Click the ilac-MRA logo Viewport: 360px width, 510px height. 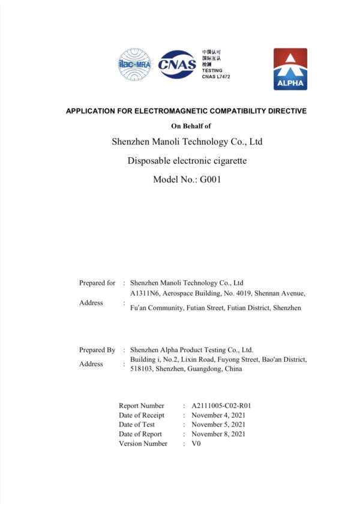(x=134, y=65)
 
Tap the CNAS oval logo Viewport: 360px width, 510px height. (x=177, y=65)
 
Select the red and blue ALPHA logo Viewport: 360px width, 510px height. (x=290, y=69)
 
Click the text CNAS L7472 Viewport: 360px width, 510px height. (x=217, y=77)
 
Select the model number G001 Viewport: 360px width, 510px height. (x=209, y=179)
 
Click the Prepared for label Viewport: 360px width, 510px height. (x=97, y=283)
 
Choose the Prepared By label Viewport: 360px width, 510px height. (x=97, y=350)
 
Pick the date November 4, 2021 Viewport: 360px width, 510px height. (x=218, y=415)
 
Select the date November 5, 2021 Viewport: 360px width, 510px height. (x=218, y=424)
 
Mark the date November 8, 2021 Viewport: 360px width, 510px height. (x=218, y=434)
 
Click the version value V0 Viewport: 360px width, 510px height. (x=196, y=443)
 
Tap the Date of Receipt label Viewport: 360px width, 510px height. (x=142, y=415)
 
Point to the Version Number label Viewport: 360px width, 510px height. (x=143, y=443)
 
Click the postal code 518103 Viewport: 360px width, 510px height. (x=141, y=369)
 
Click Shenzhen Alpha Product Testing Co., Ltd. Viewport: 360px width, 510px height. (x=191, y=350)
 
